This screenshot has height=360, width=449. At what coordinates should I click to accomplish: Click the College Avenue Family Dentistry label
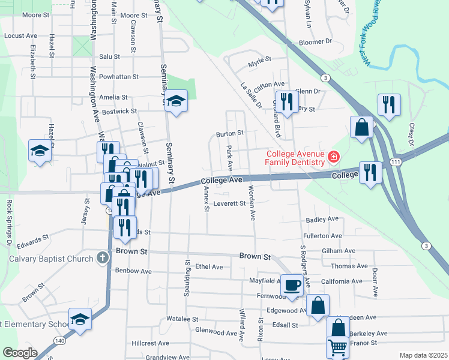click(295, 158)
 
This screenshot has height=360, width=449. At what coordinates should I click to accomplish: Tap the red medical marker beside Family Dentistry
click(333, 158)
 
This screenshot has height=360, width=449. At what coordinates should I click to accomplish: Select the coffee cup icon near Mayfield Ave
click(292, 285)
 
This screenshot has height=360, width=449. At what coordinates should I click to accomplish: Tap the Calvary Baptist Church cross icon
click(103, 259)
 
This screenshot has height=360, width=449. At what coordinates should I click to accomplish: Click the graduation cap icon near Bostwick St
click(176, 100)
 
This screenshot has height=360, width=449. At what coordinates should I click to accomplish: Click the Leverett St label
click(230, 203)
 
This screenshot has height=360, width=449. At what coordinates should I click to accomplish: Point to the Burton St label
click(230, 133)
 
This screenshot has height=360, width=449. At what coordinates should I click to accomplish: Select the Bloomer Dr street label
click(315, 42)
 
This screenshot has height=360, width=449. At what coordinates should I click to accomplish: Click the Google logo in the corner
click(19, 352)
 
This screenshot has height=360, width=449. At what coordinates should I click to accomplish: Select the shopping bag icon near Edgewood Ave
click(318, 305)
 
